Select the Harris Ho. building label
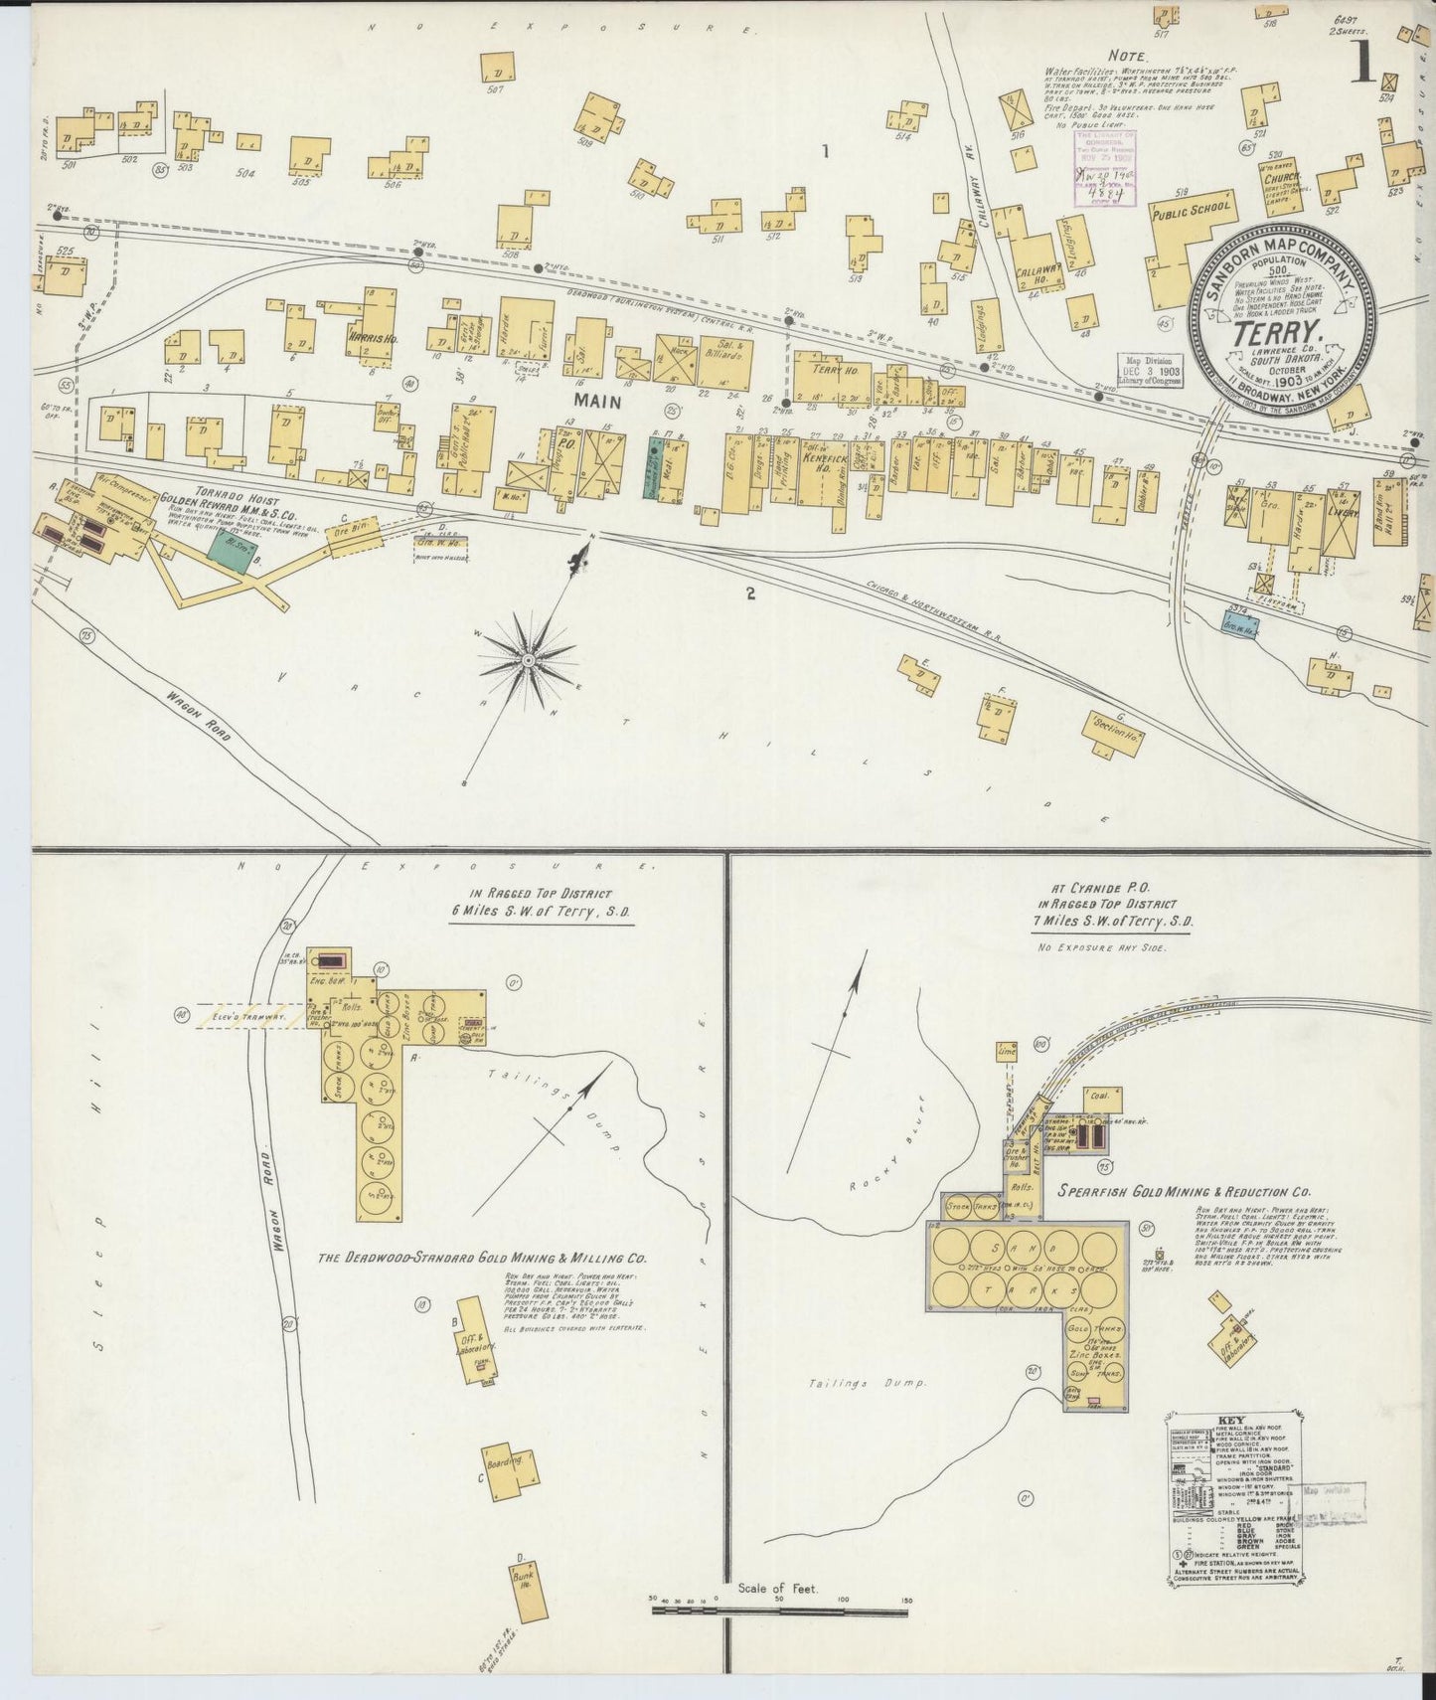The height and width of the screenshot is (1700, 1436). coord(373,338)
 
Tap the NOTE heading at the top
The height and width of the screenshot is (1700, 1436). coord(1130,58)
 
